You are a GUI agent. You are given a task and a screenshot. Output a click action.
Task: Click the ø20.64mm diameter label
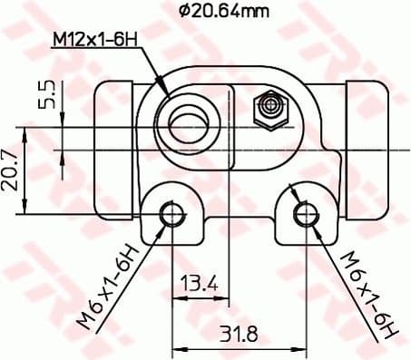pyautogui.click(x=224, y=11)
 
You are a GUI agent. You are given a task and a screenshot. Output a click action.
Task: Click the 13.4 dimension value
pyautogui.click(x=200, y=284)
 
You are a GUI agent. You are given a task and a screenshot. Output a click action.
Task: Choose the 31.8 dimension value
pyautogui.click(x=239, y=334)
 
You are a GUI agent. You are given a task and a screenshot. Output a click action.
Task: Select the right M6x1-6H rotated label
pyautogui.click(x=367, y=292)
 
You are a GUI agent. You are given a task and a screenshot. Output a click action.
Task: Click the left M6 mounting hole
pyautogui.click(x=171, y=213)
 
